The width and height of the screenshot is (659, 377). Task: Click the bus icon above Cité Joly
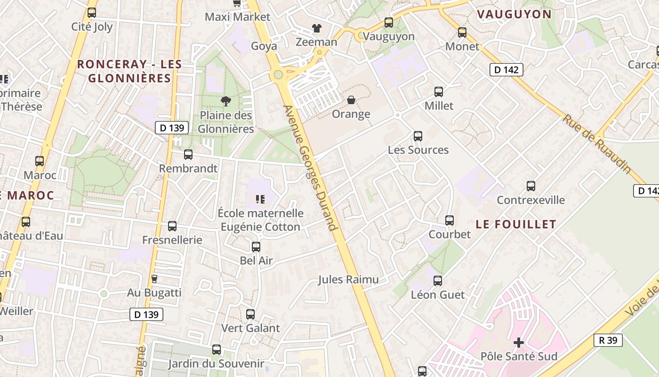click(x=92, y=13)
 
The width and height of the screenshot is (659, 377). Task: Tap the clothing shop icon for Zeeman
click(x=317, y=28)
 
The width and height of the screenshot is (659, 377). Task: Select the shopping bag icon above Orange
click(x=351, y=100)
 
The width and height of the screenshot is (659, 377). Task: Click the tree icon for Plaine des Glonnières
click(x=226, y=101)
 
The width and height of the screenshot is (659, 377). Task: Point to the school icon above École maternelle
click(x=260, y=199)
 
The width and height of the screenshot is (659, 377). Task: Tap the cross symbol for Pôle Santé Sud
click(x=519, y=343)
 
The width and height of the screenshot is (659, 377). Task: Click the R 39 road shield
click(x=608, y=340)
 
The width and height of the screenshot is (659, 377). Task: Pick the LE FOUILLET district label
click(x=516, y=224)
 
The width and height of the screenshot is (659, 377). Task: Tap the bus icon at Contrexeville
click(x=531, y=186)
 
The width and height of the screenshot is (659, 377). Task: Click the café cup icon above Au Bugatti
click(x=154, y=279)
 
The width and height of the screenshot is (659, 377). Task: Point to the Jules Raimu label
click(x=348, y=279)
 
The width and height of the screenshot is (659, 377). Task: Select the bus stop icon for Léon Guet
click(x=438, y=281)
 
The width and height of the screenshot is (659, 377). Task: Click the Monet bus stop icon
click(x=462, y=33)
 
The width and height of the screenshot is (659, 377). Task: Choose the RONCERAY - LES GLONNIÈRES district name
click(x=129, y=71)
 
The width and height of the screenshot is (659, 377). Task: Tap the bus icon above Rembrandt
click(x=188, y=155)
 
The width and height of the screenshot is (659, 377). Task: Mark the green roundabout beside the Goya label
click(x=278, y=75)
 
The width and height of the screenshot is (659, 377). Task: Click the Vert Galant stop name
click(x=250, y=328)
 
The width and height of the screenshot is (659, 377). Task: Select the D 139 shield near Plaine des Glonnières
click(x=172, y=128)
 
